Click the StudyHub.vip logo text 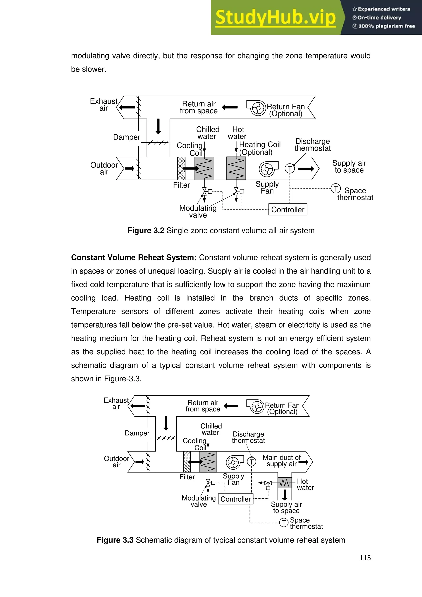click(x=275, y=18)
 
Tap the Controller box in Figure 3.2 click(x=288, y=210)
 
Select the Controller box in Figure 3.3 click(x=236, y=499)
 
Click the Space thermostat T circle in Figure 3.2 click(x=336, y=188)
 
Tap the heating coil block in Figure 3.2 click(x=236, y=168)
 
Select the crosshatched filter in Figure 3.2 click(x=181, y=168)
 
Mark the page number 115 click(x=365, y=558)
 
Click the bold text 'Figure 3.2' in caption click(x=145, y=231)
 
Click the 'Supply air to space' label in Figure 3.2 click(x=349, y=167)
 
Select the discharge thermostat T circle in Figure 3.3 click(x=251, y=462)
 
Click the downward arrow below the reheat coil click(x=285, y=495)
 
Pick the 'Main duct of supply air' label click(x=281, y=461)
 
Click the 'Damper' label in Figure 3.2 click(x=127, y=137)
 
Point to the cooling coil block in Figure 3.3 click(x=208, y=462)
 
